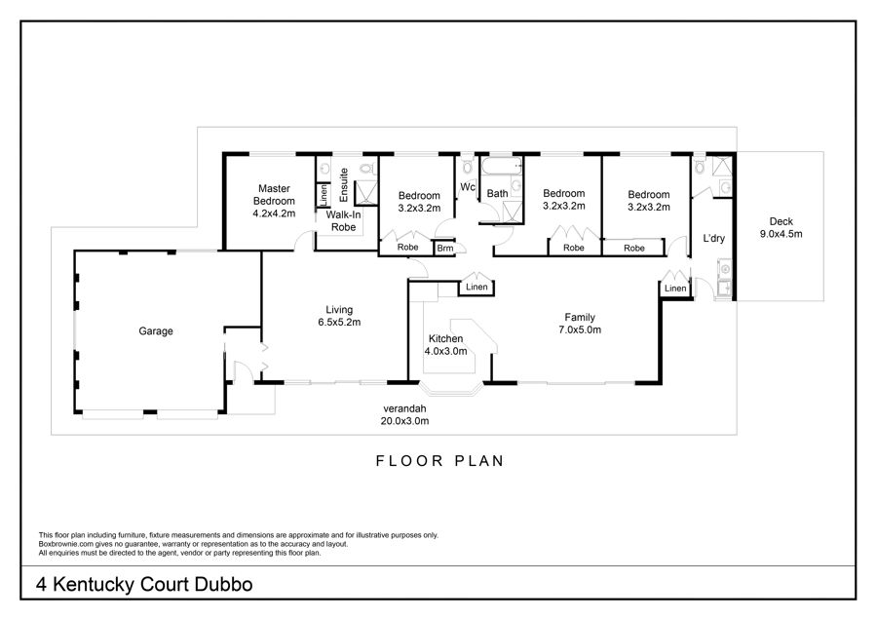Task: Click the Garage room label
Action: pos(156,331)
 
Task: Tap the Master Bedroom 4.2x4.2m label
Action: pos(274,201)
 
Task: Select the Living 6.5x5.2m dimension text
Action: pos(339,316)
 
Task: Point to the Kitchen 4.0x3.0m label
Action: pos(445,345)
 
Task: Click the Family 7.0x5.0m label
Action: pos(580,324)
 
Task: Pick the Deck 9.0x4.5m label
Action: pos(781,228)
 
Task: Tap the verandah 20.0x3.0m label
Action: pos(404,414)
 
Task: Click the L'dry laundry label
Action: pos(713,239)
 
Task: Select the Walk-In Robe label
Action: pos(343,221)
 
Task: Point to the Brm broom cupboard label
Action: pos(445,249)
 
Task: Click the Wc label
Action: pos(468,187)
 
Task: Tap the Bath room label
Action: pos(497,194)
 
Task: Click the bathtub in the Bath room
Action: pos(502,165)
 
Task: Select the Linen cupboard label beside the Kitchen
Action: pos(477,287)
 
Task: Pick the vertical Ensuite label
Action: pos(344,185)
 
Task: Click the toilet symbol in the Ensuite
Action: pos(366,167)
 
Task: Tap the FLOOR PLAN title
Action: pos(440,461)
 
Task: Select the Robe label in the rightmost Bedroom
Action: pos(633,248)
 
